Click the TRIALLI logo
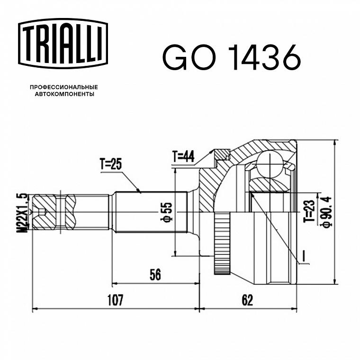tap(63, 44)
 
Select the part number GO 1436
tap(232, 57)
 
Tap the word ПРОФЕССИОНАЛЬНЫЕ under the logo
tap(64, 87)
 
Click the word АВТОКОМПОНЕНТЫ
tap(64, 94)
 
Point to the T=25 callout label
tap(111, 164)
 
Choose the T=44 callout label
tap(183, 157)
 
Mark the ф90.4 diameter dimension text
tap(327, 211)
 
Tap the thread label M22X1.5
tap(22, 213)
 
